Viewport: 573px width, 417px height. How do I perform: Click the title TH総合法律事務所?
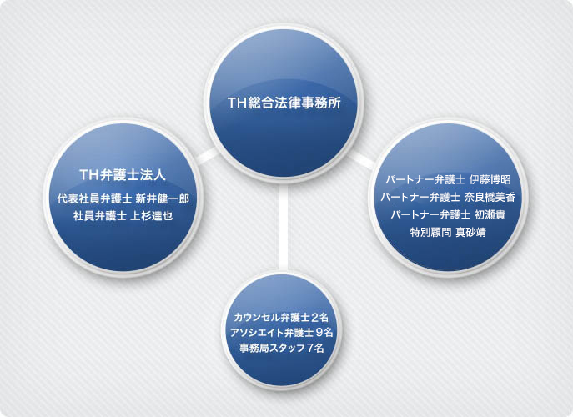[284, 103]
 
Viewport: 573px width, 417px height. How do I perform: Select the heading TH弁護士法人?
[123, 175]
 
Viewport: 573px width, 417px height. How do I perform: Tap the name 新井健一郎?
[163, 198]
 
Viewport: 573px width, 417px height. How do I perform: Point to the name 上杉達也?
[151, 216]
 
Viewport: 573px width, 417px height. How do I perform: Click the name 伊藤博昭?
[490, 180]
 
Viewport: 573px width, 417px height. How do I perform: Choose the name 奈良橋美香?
[490, 198]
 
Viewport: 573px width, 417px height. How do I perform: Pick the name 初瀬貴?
[490, 214]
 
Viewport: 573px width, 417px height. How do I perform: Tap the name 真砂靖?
[470, 232]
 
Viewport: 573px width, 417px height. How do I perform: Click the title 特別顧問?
[430, 232]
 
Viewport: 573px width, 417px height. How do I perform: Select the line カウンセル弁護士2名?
[281, 317]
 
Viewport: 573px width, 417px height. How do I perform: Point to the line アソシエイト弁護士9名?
[281, 333]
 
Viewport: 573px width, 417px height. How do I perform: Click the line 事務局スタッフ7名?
[281, 348]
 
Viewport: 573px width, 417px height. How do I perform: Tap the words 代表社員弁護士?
[94, 198]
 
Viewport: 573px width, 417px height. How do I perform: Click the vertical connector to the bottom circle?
[284, 228]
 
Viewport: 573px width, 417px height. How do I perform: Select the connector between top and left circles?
[208, 156]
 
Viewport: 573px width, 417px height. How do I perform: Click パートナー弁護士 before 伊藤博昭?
[425, 180]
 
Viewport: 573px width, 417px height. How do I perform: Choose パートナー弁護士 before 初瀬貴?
[430, 214]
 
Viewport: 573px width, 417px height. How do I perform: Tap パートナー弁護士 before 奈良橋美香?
[420, 198]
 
